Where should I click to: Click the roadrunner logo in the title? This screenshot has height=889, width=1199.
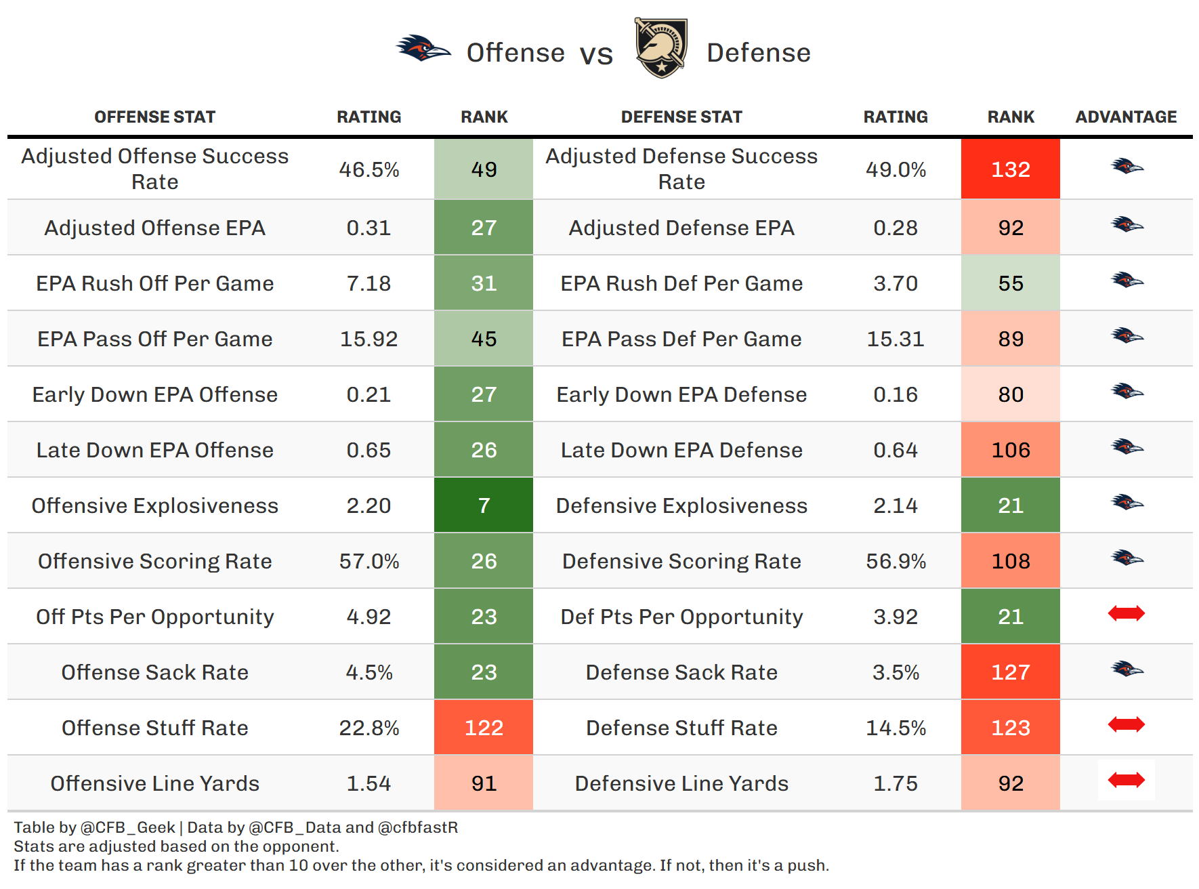(423, 49)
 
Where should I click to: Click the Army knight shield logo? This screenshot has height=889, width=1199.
(660, 48)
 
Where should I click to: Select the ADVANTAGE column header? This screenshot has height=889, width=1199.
(1126, 117)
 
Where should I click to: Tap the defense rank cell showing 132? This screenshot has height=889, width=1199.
(1010, 169)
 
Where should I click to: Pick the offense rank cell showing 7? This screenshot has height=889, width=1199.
(484, 505)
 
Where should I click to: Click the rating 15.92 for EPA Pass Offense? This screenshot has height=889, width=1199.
(369, 339)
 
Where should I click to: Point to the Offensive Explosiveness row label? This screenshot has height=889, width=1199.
(155, 505)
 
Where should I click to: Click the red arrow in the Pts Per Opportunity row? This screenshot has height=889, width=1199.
(1126, 614)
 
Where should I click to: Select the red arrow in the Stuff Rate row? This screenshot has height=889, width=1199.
(1126, 725)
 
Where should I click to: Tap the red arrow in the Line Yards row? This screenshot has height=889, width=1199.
(1126, 781)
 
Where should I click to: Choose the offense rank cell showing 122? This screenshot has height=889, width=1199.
(484, 728)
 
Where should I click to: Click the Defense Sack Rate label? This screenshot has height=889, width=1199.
(681, 672)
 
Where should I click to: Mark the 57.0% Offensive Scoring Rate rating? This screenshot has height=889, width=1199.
(369, 561)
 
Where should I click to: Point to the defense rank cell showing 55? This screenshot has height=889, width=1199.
(1010, 283)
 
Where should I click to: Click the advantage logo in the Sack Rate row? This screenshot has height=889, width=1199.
(1127, 669)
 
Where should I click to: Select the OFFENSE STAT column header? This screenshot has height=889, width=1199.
(155, 117)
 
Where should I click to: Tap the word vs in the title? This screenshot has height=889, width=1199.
(596, 54)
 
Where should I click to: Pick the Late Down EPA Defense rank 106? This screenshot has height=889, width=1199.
(1010, 450)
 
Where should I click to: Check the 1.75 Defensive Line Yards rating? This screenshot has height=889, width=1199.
(896, 783)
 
